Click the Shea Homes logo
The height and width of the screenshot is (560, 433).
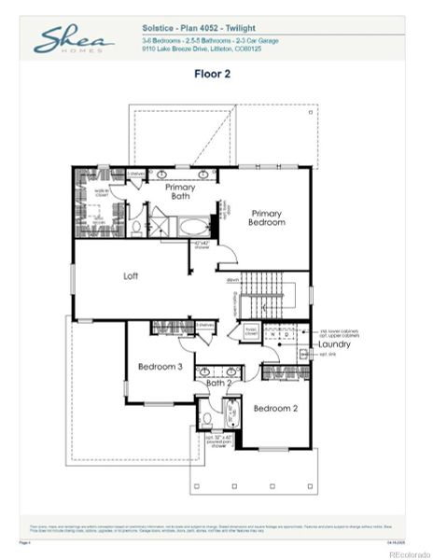[74, 39]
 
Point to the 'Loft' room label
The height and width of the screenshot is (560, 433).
[132, 276]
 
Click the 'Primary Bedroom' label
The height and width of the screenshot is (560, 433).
[266, 218]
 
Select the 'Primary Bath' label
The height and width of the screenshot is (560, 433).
[180, 191]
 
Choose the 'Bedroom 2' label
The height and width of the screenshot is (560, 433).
[275, 408]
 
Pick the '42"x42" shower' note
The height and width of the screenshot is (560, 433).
[203, 246]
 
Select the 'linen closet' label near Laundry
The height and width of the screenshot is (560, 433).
[251, 331]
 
